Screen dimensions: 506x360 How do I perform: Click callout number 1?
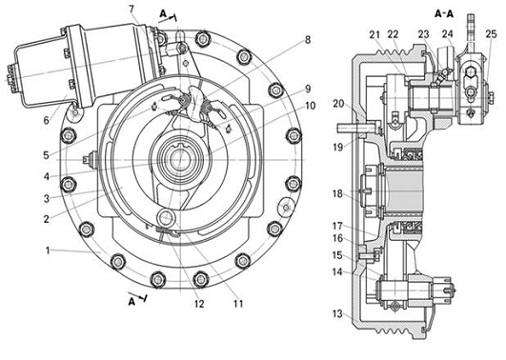click(48, 250)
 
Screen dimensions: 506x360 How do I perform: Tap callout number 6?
click(47, 120)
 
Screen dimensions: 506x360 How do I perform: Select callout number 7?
click(131, 9)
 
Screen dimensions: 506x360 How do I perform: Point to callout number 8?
click(308, 40)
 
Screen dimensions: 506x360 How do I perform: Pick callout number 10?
click(310, 106)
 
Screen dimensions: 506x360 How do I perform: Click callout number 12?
click(199, 304)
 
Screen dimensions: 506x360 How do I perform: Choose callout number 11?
click(238, 304)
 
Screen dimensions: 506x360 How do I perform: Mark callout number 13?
click(337, 313)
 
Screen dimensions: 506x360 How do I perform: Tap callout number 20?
click(339, 104)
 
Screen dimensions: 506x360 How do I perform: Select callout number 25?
click(491, 34)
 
